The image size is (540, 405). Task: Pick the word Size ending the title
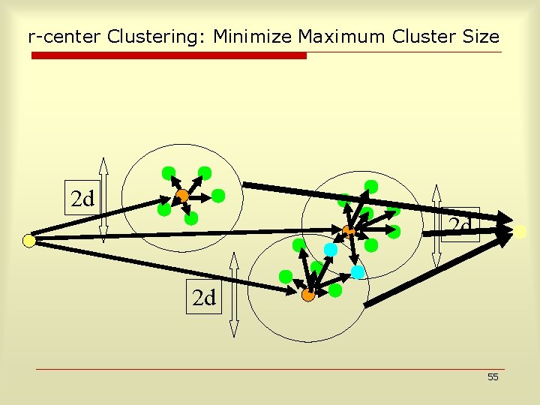[482, 36]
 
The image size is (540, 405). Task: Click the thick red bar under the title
[169, 55]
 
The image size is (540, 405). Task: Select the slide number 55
[493, 377]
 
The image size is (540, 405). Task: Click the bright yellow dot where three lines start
[28, 241]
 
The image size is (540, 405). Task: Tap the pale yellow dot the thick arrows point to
[520, 232]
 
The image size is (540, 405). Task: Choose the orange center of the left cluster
[182, 196]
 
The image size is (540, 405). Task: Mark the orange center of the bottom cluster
[307, 295]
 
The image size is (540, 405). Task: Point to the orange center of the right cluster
[348, 231]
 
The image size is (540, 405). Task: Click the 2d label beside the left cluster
[82, 199]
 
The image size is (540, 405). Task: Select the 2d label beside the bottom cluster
[203, 298]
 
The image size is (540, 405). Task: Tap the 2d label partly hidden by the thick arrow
[459, 225]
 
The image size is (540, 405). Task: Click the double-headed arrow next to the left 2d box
[103, 199]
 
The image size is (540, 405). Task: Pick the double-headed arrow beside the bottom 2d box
[234, 294]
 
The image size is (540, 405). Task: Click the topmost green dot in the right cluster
[370, 186]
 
